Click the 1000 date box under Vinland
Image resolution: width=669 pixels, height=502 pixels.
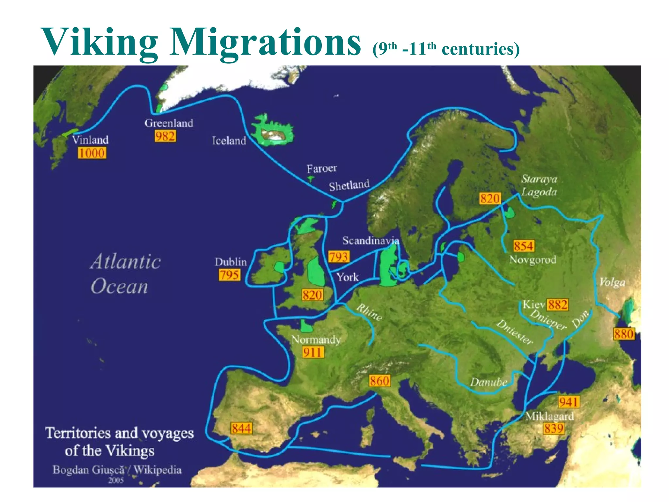coord(92,153)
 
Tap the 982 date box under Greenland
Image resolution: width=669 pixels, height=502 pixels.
coord(165,136)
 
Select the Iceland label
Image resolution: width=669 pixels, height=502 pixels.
coord(229,141)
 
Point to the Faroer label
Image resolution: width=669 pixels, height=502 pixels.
coord(321,169)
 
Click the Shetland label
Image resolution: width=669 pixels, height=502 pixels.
coord(349,185)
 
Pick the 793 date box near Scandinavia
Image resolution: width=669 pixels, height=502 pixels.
coord(338,257)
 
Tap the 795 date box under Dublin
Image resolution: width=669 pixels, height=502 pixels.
coord(229,275)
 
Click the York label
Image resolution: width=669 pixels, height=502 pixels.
coord(348,277)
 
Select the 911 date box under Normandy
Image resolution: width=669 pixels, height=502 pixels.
coord(313,352)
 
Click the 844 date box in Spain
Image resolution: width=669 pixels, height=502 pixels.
coord(241,428)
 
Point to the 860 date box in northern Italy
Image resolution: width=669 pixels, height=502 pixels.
coord(380,381)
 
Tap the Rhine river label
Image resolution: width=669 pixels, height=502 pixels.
coord(369,312)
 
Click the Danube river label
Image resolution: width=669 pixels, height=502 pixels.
coord(488,382)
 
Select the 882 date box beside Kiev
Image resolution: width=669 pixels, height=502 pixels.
coord(558,305)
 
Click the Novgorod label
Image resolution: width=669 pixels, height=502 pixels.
coord(532,260)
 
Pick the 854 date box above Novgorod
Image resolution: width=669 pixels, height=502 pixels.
coord(524,246)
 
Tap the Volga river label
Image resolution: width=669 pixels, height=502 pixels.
coord(612,282)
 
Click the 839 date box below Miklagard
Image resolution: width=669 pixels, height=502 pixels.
coord(554,428)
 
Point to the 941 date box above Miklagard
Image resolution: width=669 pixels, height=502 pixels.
coord(569,402)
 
